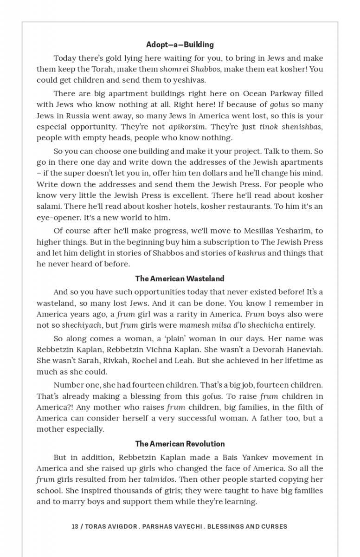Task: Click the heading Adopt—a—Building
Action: click(180, 45)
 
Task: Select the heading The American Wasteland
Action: click(180, 278)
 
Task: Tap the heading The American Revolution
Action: click(180, 444)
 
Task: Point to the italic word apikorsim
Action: click(187, 127)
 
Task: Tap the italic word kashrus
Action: click(251, 253)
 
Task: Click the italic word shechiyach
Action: click(82, 325)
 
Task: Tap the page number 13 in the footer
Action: click(75, 526)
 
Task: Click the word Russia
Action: click(75, 116)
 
